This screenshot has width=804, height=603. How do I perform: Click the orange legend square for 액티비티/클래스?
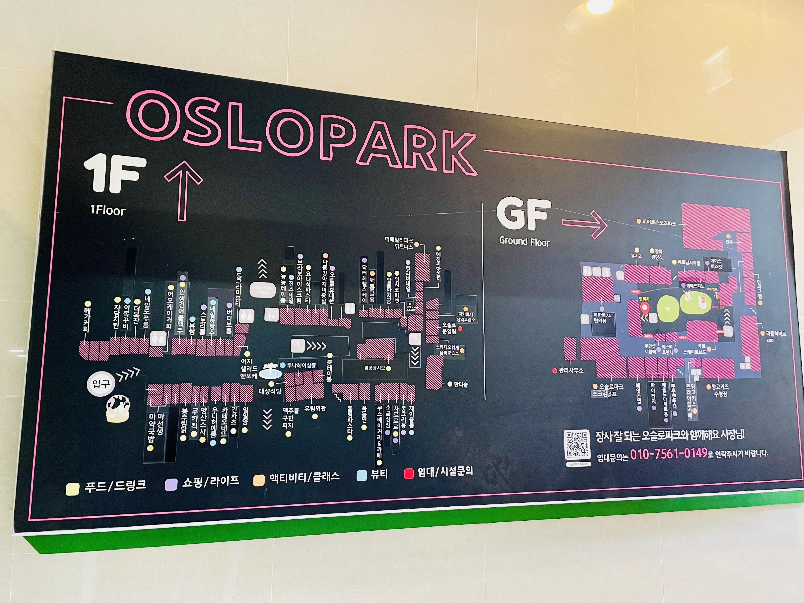pyautogui.click(x=258, y=480)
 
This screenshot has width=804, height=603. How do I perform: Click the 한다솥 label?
pyautogui.click(x=460, y=384)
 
